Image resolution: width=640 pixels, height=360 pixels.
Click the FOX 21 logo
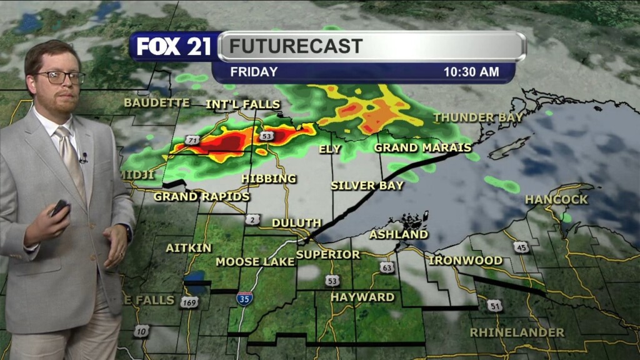[174, 46]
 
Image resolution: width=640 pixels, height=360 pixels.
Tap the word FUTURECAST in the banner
[296, 46]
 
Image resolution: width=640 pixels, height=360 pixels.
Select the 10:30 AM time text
[471, 72]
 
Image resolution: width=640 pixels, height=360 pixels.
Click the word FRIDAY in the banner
[254, 72]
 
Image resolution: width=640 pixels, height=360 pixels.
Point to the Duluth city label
[296, 223]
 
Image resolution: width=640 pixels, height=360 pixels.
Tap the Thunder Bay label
[478, 117]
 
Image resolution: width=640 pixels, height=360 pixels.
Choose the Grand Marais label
[422, 148]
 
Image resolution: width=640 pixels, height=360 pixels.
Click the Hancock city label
[556, 199]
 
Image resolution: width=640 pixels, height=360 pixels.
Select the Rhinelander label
[517, 332]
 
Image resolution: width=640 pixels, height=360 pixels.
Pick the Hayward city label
[362, 297]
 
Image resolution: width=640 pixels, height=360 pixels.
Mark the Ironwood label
[465, 260]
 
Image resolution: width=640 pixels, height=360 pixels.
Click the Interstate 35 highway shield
[244, 298]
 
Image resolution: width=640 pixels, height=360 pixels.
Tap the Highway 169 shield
[189, 302]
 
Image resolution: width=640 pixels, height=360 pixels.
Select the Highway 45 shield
[522, 247]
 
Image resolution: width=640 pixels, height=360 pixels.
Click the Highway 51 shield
[495, 306]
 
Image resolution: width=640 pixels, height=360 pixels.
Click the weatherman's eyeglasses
[60, 77]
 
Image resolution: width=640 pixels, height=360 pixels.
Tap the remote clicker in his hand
[60, 207]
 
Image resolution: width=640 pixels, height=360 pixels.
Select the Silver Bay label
[362, 186]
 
